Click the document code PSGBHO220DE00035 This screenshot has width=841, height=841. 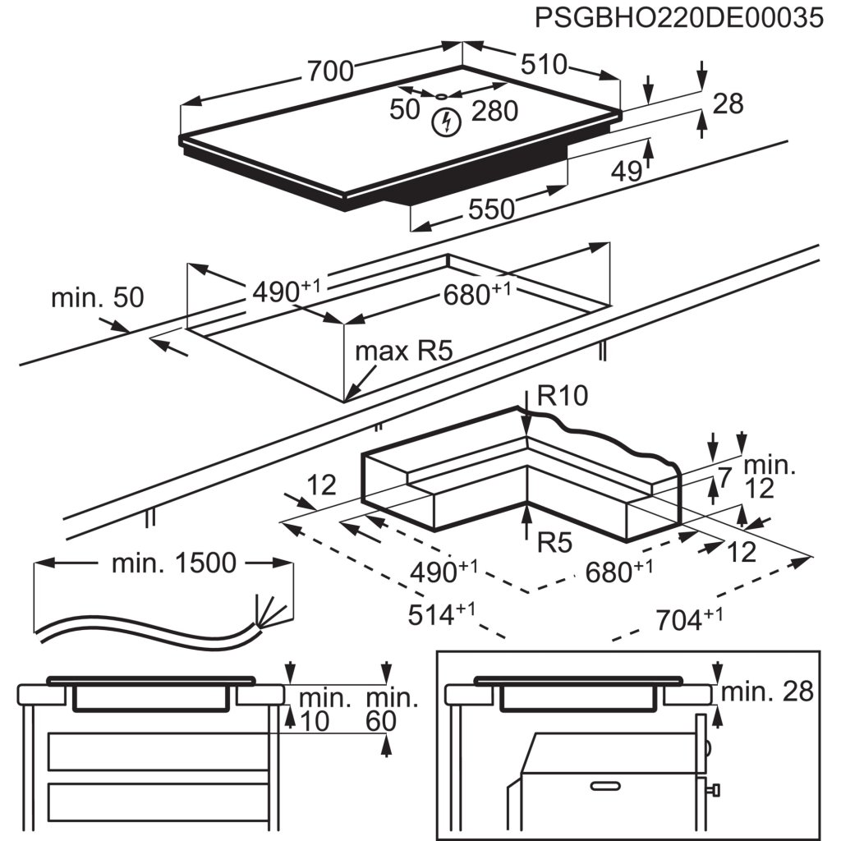pyautogui.click(x=678, y=18)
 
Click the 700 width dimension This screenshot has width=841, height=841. pyautogui.click(x=330, y=72)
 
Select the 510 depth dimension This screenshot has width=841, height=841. pyautogui.click(x=542, y=64)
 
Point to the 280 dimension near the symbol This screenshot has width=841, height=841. pyautogui.click(x=494, y=110)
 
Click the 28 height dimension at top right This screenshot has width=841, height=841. pyautogui.click(x=727, y=103)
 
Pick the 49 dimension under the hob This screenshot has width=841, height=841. pyautogui.click(x=627, y=171)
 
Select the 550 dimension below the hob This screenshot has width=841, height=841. pyautogui.click(x=491, y=210)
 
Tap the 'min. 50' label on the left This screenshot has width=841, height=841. pyautogui.click(x=97, y=297)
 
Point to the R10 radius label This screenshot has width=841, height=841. pyautogui.click(x=563, y=397)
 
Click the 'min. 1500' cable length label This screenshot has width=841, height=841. pyautogui.click(x=173, y=563)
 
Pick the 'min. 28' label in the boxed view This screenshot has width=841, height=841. pyautogui.click(x=766, y=692)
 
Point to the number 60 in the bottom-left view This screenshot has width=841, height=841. pyautogui.click(x=382, y=722)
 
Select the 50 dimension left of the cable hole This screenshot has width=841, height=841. pyautogui.click(x=405, y=109)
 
